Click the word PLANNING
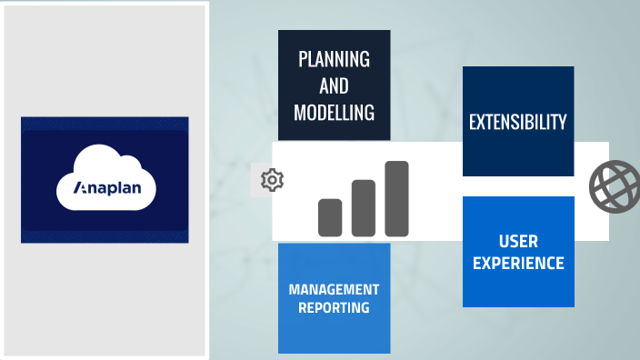click(335, 60)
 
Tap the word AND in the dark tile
click(335, 86)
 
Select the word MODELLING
click(335, 113)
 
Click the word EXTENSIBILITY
click(518, 122)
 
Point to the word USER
click(518, 242)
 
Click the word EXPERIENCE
click(518, 264)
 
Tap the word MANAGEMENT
click(334, 289)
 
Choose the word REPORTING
click(334, 307)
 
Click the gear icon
click(272, 180)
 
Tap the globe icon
click(615, 185)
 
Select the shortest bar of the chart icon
click(329, 217)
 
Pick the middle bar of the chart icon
click(364, 208)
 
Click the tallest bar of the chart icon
click(396, 198)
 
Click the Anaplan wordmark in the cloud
click(106, 190)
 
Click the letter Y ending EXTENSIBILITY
click(564, 122)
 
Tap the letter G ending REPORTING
click(365, 307)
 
